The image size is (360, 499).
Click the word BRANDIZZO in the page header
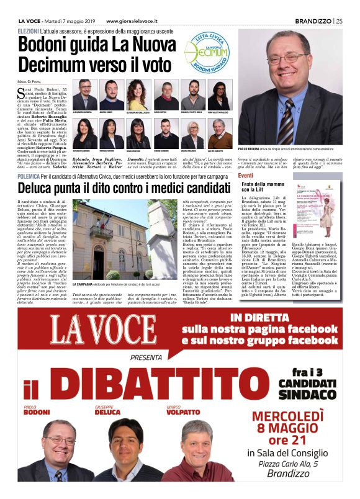(x=313, y=20)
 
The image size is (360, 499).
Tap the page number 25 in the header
(x=338, y=20)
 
